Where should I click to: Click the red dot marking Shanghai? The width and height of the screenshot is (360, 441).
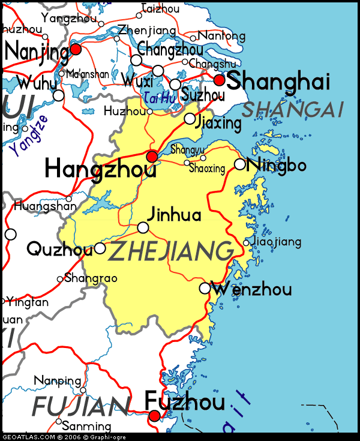219,80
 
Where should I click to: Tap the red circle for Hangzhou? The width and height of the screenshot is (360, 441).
152,157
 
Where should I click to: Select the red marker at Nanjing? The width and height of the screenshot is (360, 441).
76,49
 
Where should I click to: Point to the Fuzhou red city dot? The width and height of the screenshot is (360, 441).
155,416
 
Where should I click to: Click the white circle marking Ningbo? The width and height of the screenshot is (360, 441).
240,164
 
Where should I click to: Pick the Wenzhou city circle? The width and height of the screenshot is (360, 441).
205,289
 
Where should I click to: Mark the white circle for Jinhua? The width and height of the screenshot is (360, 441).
143,227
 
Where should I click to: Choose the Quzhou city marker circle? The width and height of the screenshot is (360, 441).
100,248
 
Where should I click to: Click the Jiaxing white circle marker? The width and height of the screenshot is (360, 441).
190,119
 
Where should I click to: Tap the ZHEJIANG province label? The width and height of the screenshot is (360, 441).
170,251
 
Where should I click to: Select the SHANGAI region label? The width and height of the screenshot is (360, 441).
292,109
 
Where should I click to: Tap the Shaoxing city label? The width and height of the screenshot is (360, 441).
206,169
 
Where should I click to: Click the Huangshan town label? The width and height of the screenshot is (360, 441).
45,206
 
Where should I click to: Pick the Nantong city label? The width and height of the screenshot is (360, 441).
221,36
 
